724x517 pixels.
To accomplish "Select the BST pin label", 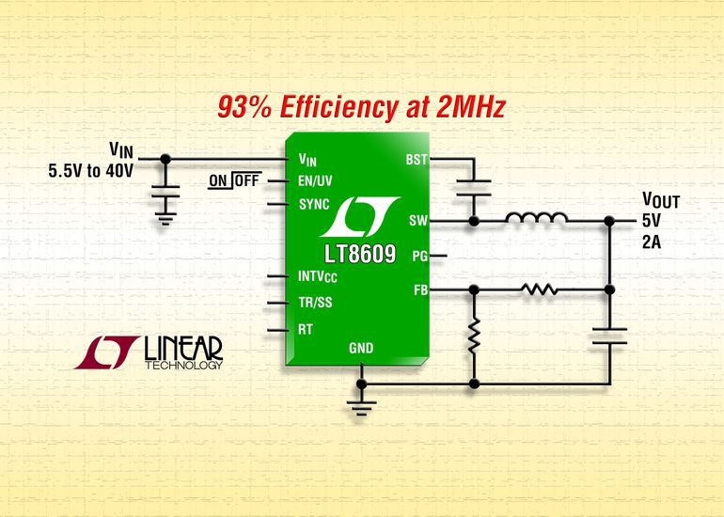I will point(416,161).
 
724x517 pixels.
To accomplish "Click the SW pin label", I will point(418,221).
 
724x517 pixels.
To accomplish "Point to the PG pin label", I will point(418,255).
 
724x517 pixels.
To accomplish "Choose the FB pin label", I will point(418,290).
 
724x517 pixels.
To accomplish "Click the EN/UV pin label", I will point(319,180).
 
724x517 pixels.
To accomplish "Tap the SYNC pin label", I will point(314,203).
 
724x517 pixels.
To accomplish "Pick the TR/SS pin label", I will point(315,304).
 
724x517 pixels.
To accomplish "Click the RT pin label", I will point(305,330).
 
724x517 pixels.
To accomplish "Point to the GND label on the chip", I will point(361,349).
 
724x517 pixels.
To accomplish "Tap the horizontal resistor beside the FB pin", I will point(540,290).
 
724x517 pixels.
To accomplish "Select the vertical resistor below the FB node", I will point(474,334).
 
